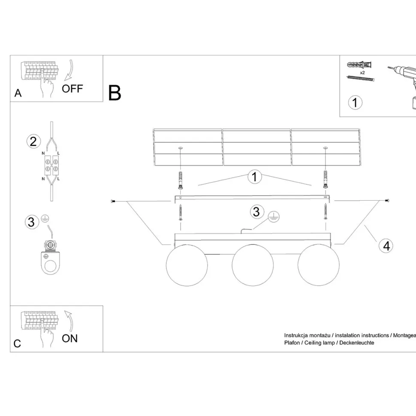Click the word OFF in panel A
click(72, 89)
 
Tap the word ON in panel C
click(69, 338)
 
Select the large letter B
click(115, 93)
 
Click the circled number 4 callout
click(386, 246)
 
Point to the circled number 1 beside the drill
click(355, 102)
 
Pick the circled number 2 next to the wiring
click(33, 142)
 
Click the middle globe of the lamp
click(253, 265)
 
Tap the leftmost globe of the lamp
click(187, 265)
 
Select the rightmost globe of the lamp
click(318, 265)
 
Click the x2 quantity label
click(362, 72)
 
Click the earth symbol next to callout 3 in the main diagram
click(274, 217)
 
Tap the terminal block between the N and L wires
click(51, 166)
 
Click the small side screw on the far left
click(113, 202)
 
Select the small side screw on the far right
click(387, 200)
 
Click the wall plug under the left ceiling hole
click(181, 180)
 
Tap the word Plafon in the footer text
click(292, 343)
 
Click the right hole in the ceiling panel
click(326, 148)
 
